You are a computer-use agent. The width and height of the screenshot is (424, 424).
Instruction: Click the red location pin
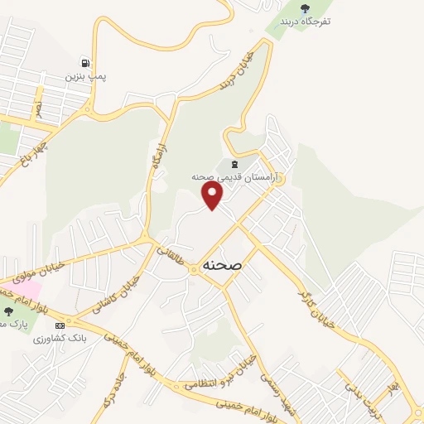click(213, 195)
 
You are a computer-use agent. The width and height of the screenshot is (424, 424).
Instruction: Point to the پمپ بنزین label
click(88, 76)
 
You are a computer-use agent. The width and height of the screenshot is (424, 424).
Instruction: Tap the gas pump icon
click(85, 62)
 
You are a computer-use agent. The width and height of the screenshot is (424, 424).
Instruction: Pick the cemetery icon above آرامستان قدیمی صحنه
click(234, 163)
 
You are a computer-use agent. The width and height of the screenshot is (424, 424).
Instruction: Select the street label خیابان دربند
click(236, 71)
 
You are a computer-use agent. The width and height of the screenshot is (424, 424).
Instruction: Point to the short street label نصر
click(37, 108)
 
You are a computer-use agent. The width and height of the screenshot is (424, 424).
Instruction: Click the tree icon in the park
click(8, 311)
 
